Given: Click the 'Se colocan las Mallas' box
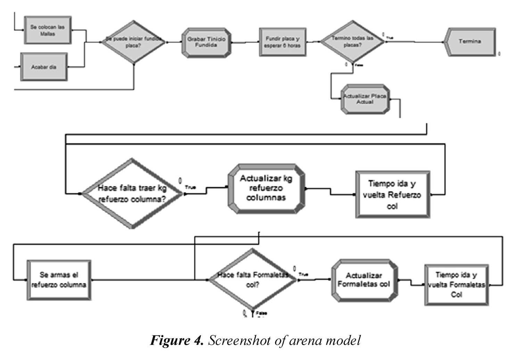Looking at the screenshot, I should pyautogui.click(x=48, y=30).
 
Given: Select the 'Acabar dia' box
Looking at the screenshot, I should pyautogui.click(x=44, y=67).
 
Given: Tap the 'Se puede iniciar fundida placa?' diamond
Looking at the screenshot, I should pyautogui.click(x=134, y=42).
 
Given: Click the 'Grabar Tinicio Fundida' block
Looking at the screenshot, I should pyautogui.click(x=206, y=42).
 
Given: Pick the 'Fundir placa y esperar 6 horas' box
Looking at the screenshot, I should pyautogui.click(x=282, y=42).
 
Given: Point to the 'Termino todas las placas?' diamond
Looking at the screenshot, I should pyautogui.click(x=352, y=42).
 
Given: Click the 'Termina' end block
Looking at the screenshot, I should pyautogui.click(x=470, y=42).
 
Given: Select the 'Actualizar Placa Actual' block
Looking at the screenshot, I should pyautogui.click(x=365, y=99).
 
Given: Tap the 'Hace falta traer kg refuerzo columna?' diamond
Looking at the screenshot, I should pyautogui.click(x=132, y=194).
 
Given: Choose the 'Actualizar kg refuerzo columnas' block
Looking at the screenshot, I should pyautogui.click(x=266, y=188).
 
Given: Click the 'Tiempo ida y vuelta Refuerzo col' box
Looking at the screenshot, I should pyautogui.click(x=392, y=194).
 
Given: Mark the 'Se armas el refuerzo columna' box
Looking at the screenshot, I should pyautogui.click(x=59, y=280).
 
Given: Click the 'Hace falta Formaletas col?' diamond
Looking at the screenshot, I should pyautogui.click(x=253, y=280).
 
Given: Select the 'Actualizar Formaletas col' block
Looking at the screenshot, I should pyautogui.click(x=364, y=280).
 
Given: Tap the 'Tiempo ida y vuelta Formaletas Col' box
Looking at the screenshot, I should pyautogui.click(x=456, y=285).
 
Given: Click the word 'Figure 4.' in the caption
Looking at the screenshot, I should pyautogui.click(x=177, y=340).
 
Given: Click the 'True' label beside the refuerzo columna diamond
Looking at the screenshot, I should pyautogui.click(x=190, y=187).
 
